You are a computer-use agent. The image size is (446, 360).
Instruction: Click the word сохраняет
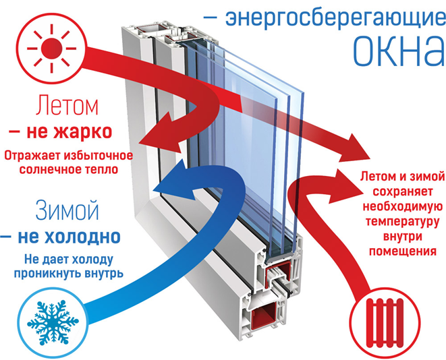point(398,191)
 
